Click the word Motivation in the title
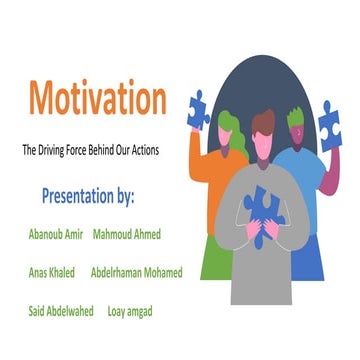pyautogui.click(x=97, y=99)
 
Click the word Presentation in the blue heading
pyautogui.click(x=80, y=192)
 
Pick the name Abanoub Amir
pyautogui.click(x=57, y=234)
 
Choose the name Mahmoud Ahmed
pyautogui.click(x=127, y=234)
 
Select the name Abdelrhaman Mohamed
pyautogui.click(x=136, y=272)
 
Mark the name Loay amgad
pyautogui.click(x=130, y=310)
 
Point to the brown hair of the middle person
pyautogui.click(x=262, y=125)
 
